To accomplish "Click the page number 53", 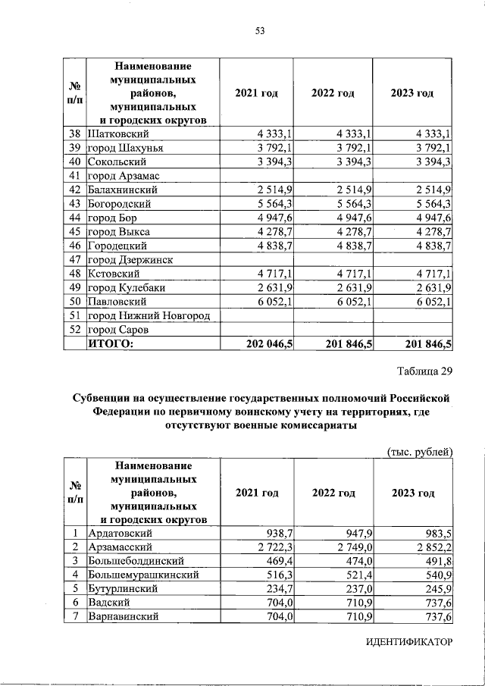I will pos(259,30).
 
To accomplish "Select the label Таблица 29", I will pos(424,371).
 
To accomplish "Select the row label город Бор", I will pos(114,218).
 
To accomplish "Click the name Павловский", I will pos(120,302).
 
